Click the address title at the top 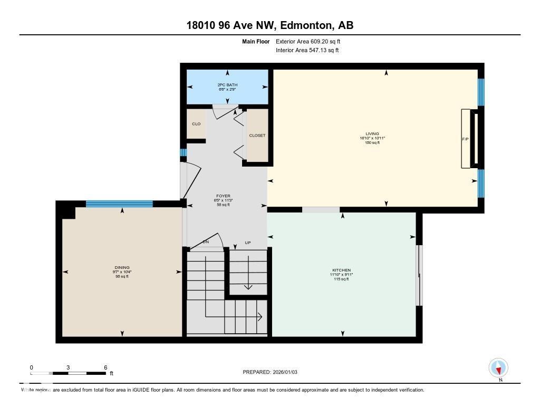[269, 25]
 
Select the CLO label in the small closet [196, 124]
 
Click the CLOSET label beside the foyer [257, 135]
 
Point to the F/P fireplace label [465, 140]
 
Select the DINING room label [122, 267]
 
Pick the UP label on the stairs [247, 243]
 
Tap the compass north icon [498, 368]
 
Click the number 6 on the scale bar [105, 367]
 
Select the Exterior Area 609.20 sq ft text [312, 41]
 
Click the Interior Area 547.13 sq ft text [307, 51]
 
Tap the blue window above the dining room [119, 203]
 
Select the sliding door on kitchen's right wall [419, 275]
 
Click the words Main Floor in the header [256, 41]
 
